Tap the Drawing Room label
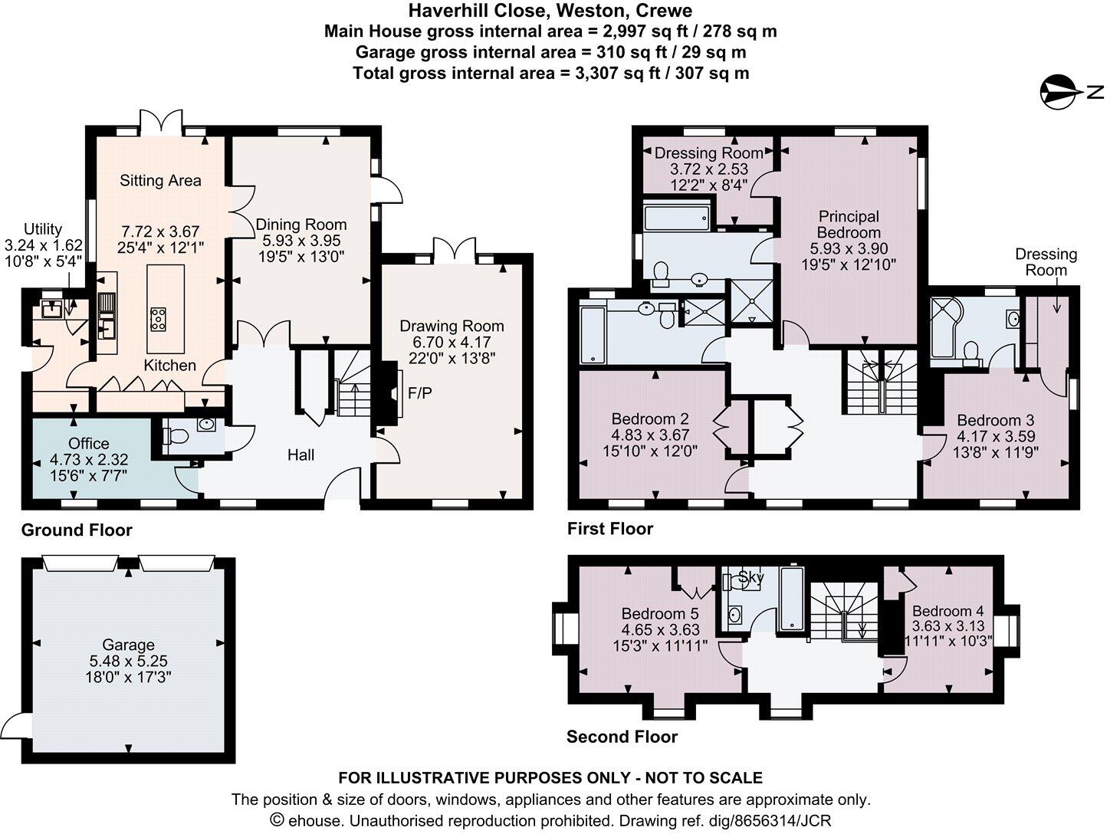coord(452,326)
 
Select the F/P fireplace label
coord(419,393)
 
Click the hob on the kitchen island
coord(159,319)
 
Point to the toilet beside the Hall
coord(177,437)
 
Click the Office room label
coord(89,443)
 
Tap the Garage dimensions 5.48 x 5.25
coord(129,661)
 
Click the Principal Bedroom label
coord(849,225)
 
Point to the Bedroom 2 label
coord(650,419)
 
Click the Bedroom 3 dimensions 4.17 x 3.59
coord(996,436)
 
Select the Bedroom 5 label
coord(660,613)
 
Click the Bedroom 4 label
coord(948,611)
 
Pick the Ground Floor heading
coord(77,530)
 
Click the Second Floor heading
coord(622,737)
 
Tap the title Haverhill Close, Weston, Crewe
coord(550,11)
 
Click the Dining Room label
coord(301,225)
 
